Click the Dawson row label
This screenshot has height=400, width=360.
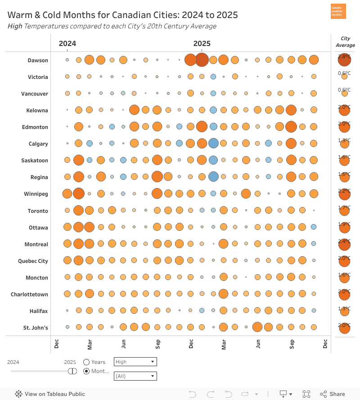pos(37,60)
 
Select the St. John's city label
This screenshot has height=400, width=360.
pos(36,328)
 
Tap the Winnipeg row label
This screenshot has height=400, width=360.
pos(36,194)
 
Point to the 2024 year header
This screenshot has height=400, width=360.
pos(67,44)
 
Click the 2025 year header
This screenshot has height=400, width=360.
pos(202,44)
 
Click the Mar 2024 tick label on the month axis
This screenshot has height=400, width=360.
pos(90,345)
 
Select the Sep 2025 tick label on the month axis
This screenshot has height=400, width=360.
pos(292,345)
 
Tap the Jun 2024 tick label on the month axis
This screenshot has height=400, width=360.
pos(124,345)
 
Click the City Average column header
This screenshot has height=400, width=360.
pos(345,42)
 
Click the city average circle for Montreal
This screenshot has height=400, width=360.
pos(345,245)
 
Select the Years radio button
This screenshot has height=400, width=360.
pos(86,362)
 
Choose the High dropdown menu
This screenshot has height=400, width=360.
pos(135,362)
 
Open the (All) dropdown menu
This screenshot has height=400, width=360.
pos(135,376)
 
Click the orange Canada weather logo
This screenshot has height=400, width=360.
pos(338,11)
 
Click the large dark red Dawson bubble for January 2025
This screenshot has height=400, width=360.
pos(202,60)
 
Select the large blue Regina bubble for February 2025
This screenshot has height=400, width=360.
pos(213,177)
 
